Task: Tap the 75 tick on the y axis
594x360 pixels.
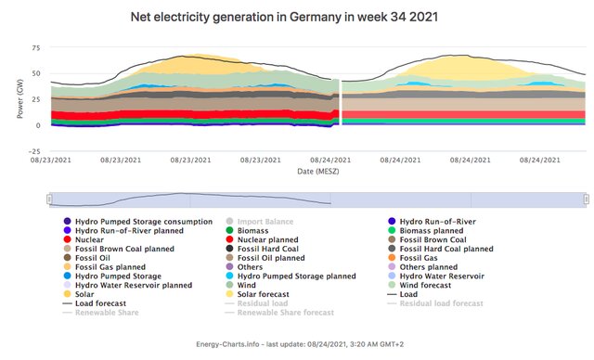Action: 35,47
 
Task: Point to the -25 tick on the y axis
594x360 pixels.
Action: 33,150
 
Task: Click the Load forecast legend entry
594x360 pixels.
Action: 103,302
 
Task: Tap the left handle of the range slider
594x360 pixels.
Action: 51,199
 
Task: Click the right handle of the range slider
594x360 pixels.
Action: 585,199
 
